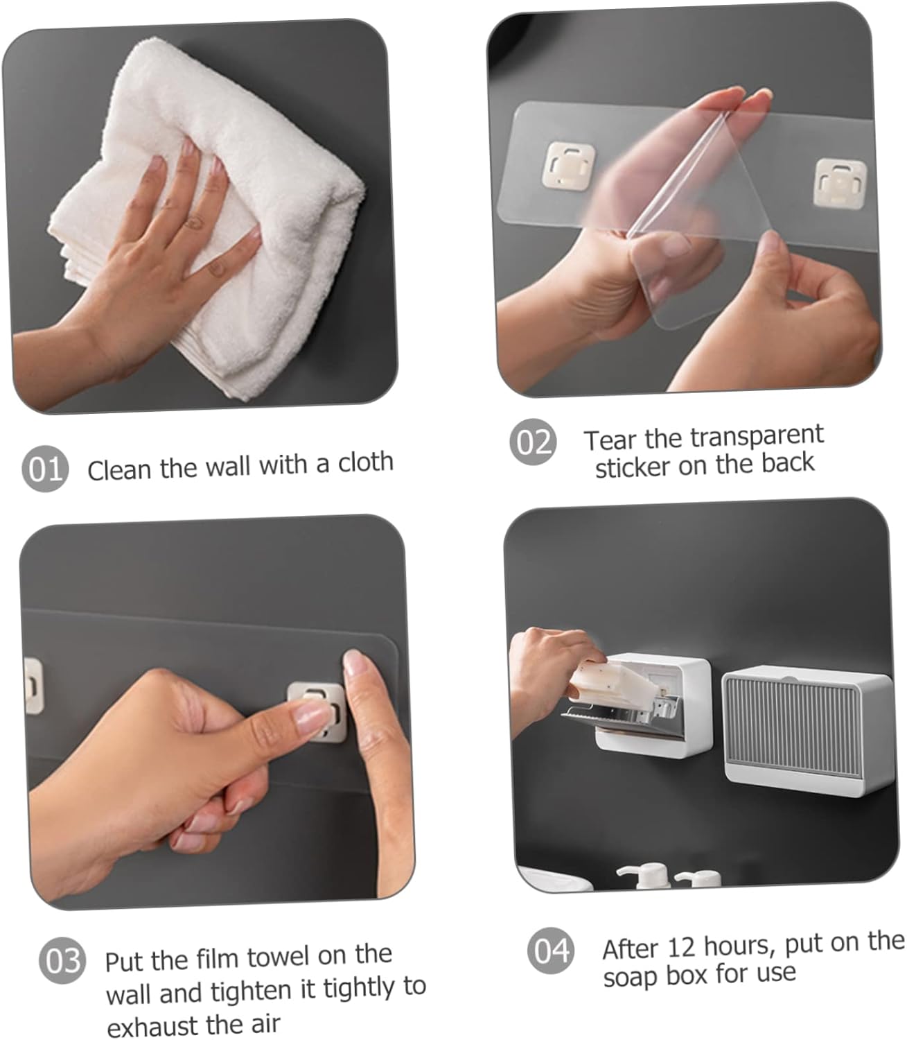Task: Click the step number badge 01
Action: click(x=45, y=469)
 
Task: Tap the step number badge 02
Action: click(x=533, y=442)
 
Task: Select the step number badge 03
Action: click(x=62, y=961)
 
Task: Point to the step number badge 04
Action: click(x=551, y=951)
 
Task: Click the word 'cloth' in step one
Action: click(x=366, y=462)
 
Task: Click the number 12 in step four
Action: click(x=683, y=947)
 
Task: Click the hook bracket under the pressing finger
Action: click(x=317, y=712)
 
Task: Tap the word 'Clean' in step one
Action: click(x=120, y=469)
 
